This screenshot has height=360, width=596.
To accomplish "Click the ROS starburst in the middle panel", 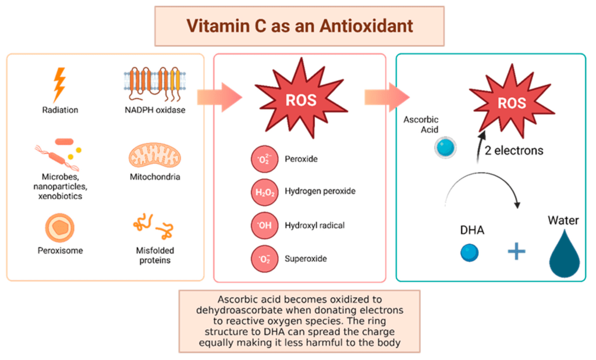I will pos(300,99).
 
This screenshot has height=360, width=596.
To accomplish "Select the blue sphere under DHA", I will pos(469,252).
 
